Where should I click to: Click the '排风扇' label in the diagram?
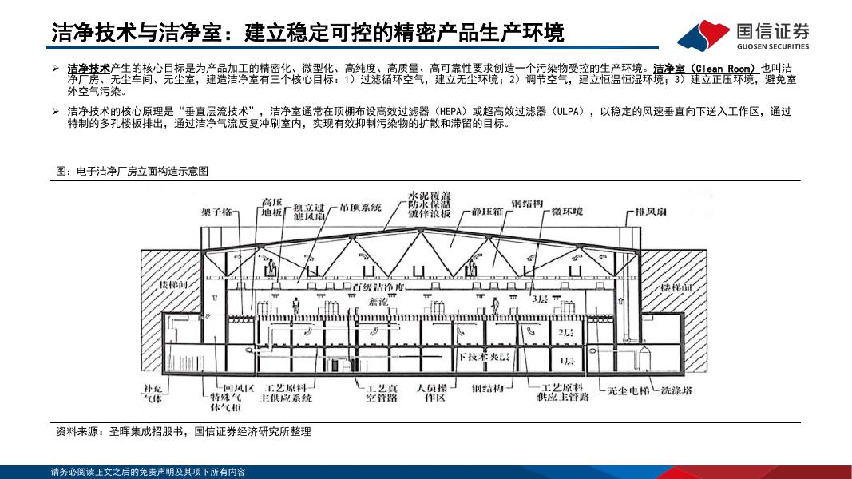(651, 212)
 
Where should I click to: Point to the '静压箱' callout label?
(488, 212)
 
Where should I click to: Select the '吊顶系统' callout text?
(360, 208)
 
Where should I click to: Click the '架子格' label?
(216, 212)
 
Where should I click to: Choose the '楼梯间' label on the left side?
(173, 286)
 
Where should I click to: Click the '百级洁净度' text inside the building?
(380, 286)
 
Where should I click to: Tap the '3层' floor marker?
(541, 302)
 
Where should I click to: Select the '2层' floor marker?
(565, 331)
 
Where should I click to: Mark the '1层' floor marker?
(566, 362)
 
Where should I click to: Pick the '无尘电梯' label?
(624, 390)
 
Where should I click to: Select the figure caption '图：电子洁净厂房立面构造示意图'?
(132, 171)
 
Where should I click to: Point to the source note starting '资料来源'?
(183, 431)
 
